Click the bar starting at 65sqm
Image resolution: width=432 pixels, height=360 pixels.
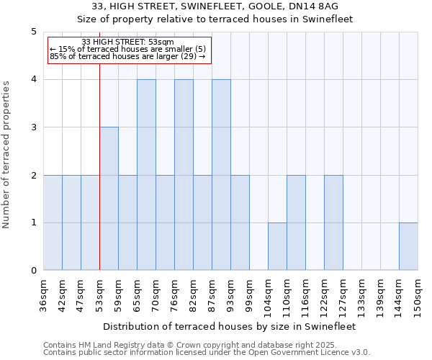[x=146, y=175]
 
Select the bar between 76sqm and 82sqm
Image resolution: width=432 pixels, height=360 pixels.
[x=184, y=175]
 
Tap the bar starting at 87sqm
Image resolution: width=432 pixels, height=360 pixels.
[x=221, y=175]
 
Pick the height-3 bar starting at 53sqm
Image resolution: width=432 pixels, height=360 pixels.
[x=109, y=199]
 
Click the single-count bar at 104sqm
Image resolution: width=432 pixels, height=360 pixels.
[x=277, y=247]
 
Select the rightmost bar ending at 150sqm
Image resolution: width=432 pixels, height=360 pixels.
[x=408, y=247]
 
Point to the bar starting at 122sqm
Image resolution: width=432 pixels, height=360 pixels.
[x=333, y=223]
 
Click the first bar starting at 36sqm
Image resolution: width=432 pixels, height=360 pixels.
[x=53, y=223]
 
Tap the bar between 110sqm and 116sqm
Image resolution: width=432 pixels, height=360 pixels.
[x=296, y=223]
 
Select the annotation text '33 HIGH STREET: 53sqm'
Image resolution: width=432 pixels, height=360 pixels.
[x=127, y=42]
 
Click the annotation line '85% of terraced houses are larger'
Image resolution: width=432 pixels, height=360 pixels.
[x=127, y=56]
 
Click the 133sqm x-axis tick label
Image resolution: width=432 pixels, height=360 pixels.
[x=361, y=295]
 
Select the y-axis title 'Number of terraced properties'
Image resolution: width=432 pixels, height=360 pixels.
[x=7, y=155]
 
